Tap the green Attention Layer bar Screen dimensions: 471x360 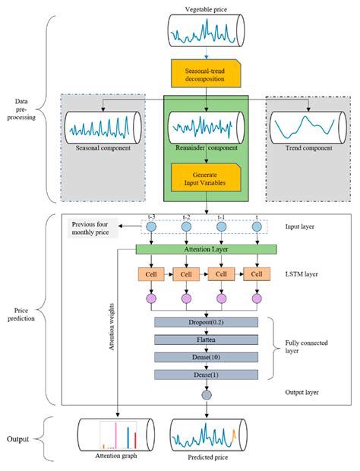point(207,248)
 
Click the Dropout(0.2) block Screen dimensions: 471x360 point(207,323)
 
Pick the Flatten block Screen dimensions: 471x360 point(207,340)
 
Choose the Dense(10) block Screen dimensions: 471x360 point(207,357)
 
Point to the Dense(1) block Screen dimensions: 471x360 point(207,375)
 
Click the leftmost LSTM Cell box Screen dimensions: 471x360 point(149,273)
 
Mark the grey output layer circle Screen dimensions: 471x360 point(207,394)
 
